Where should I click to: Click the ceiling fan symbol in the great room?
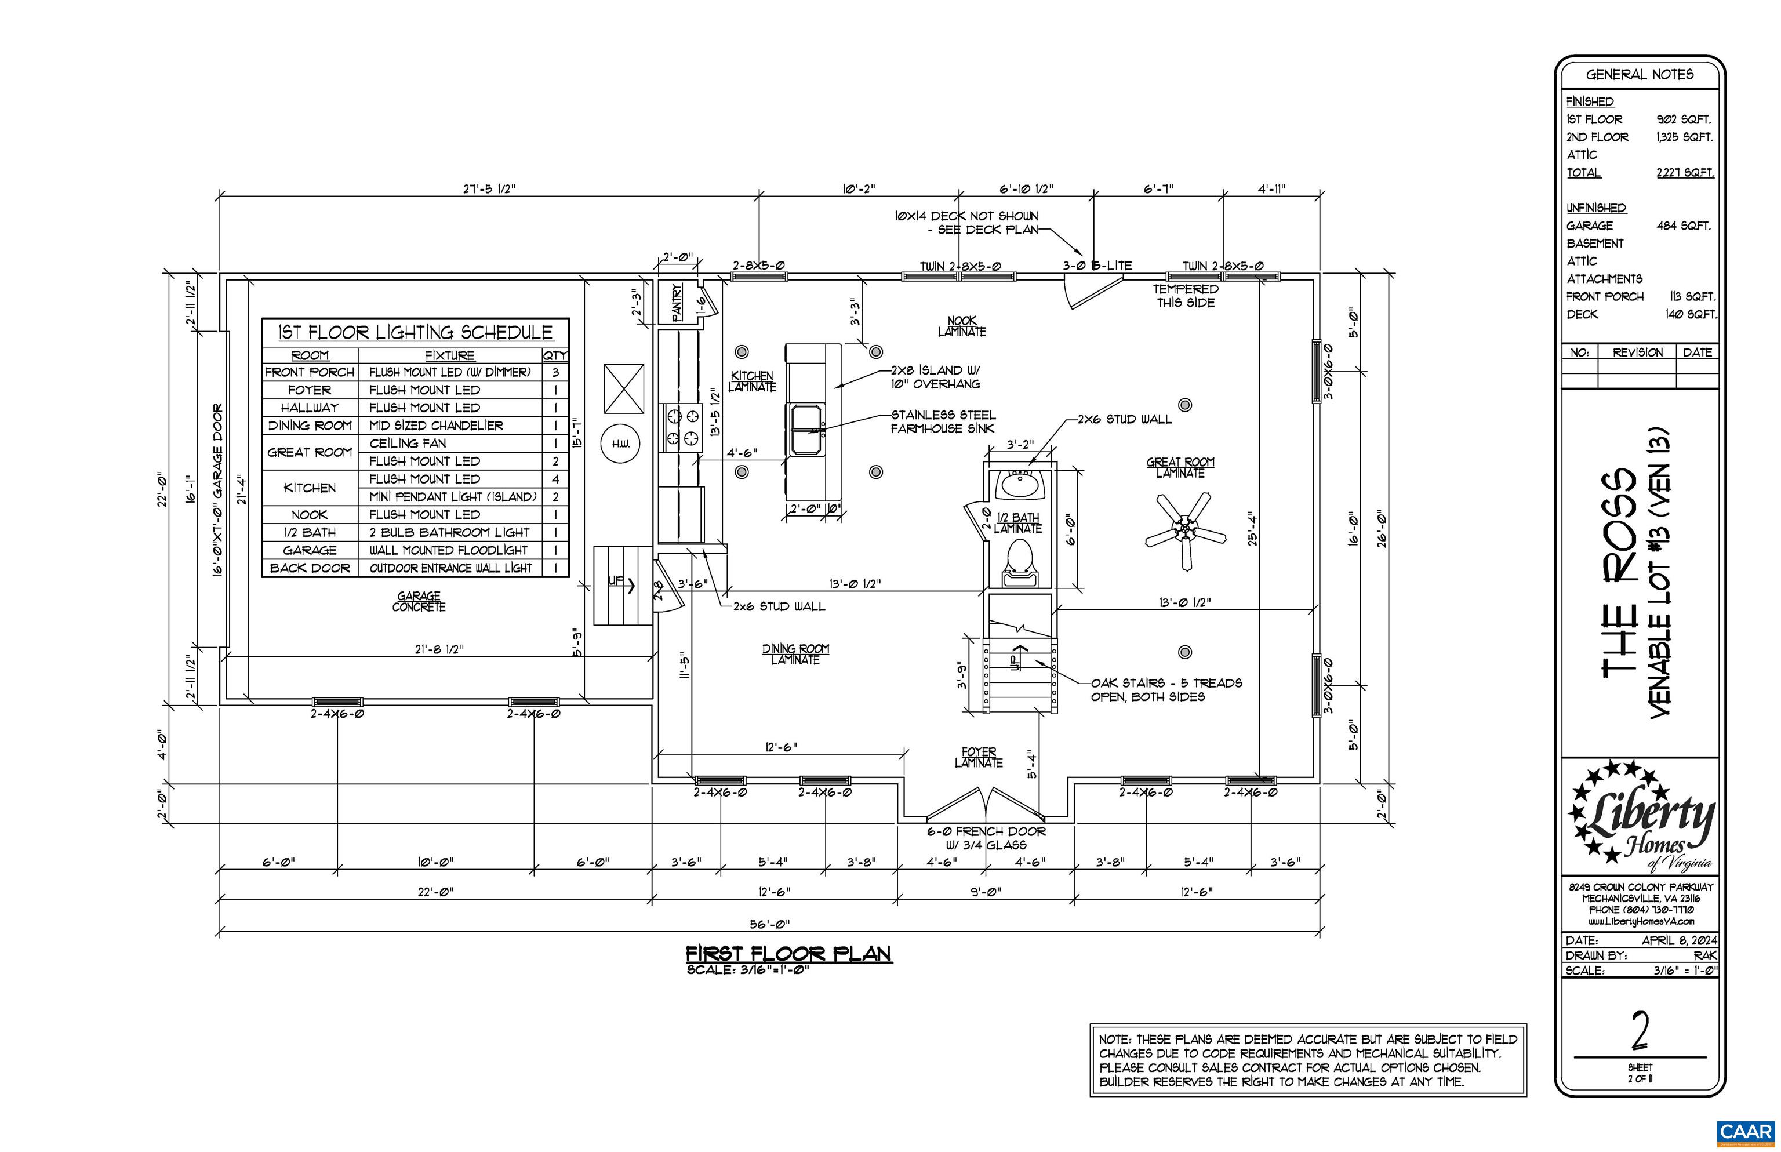(x=1186, y=530)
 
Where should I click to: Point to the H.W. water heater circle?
(x=621, y=444)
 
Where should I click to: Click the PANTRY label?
(x=677, y=301)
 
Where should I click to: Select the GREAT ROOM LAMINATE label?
(x=1180, y=467)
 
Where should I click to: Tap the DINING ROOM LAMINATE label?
(x=796, y=654)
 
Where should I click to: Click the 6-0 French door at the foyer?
(x=985, y=804)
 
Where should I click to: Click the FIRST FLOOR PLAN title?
(x=789, y=953)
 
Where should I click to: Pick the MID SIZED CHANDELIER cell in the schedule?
(x=436, y=426)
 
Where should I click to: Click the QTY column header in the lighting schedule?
(x=555, y=355)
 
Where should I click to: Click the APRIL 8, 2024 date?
(x=1680, y=940)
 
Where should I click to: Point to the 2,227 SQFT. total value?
(x=1685, y=173)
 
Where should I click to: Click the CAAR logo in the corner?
(x=1746, y=1132)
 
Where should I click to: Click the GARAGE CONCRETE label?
(x=419, y=601)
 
